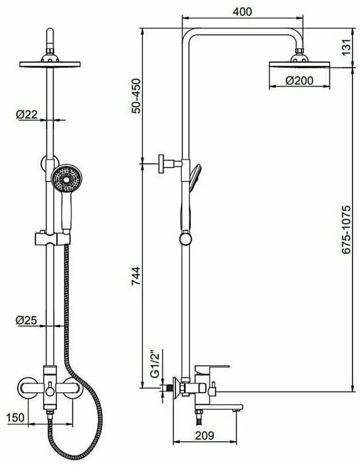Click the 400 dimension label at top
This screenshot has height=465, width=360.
(242, 11)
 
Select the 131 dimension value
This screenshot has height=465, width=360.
(346, 47)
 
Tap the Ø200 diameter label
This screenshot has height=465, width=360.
(299, 81)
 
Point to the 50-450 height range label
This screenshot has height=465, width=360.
(136, 96)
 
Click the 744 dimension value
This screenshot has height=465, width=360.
(136, 276)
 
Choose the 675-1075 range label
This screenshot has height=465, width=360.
(346, 230)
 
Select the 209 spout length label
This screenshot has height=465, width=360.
(204, 435)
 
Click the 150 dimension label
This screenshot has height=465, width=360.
(15, 418)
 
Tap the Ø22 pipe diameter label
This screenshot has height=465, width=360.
(27, 115)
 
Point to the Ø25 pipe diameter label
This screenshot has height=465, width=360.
(26, 320)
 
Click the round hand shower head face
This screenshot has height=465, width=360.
(67, 179)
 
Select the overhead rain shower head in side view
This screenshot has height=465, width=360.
(299, 62)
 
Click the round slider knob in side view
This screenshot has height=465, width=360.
(186, 239)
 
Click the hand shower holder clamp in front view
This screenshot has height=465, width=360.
(53, 238)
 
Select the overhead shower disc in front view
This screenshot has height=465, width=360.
(50, 64)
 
